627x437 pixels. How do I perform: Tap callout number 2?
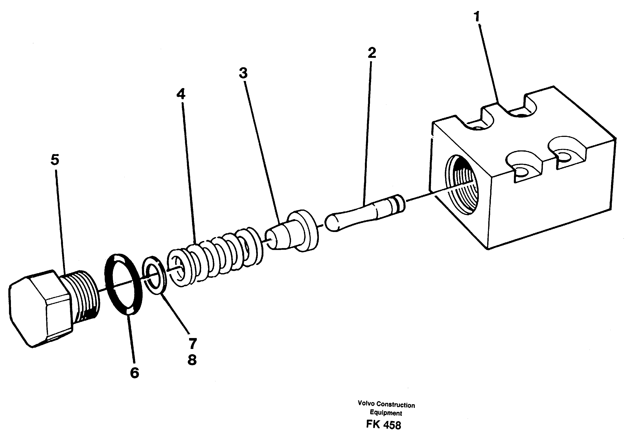372,53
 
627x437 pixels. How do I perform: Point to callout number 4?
181,94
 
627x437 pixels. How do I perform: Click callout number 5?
55,160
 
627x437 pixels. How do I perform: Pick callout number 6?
134,373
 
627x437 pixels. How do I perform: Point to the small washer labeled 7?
154,275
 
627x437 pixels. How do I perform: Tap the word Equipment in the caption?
386,413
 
